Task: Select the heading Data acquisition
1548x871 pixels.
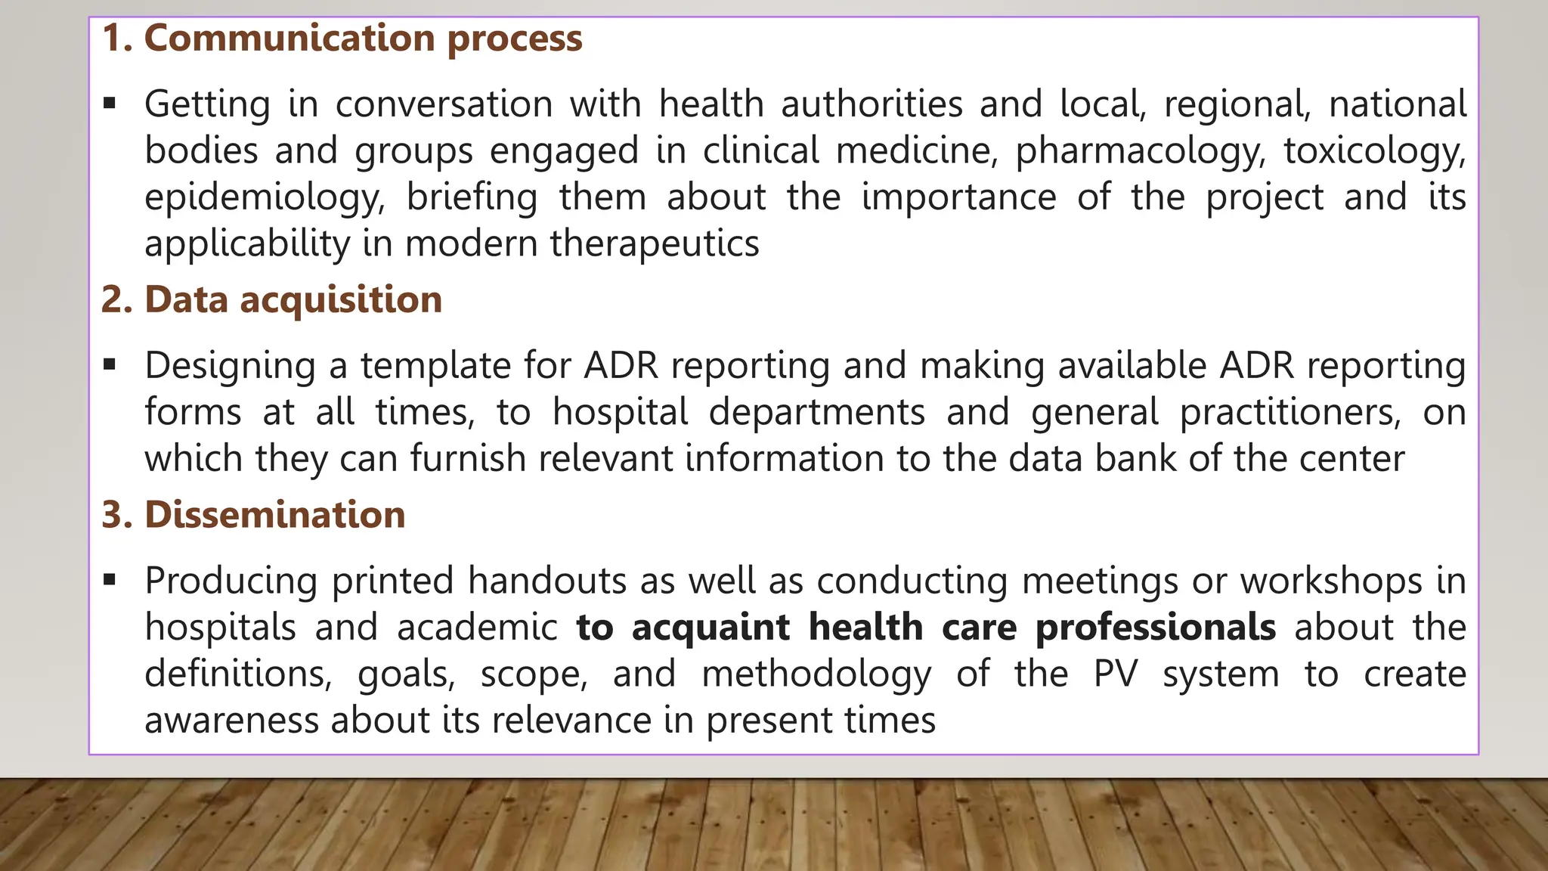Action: point(293,299)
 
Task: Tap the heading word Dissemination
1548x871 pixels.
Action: point(275,515)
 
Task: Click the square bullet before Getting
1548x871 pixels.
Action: point(110,104)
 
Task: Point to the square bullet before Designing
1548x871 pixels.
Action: point(110,365)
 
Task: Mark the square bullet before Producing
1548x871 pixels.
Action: point(110,581)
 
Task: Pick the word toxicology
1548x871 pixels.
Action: point(1375,151)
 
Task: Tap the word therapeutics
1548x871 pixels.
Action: point(655,243)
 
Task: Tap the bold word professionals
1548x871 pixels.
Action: point(1156,628)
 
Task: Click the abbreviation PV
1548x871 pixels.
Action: point(1115,674)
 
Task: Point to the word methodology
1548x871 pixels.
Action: point(817,674)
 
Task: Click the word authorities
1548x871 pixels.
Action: point(872,104)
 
